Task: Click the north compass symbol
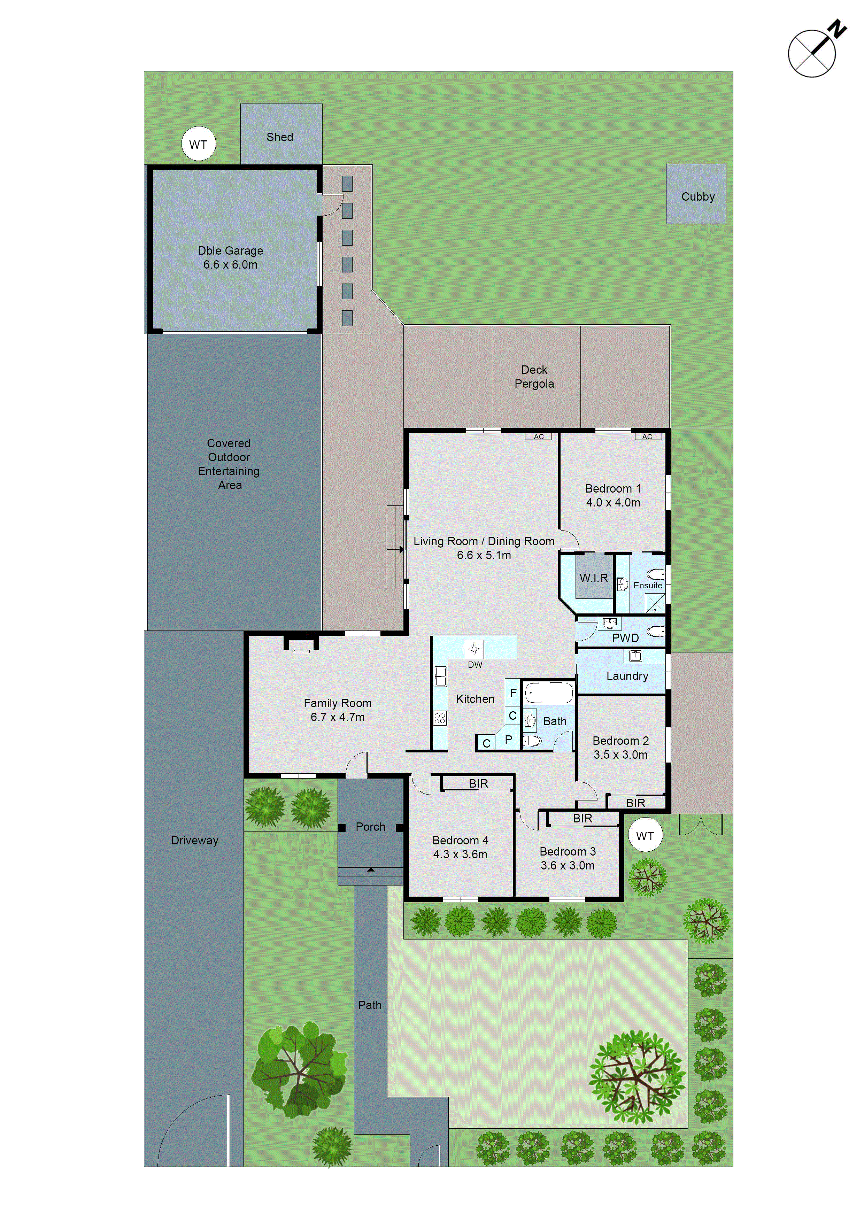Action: point(813,53)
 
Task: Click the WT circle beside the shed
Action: point(199,144)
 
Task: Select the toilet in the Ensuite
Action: point(657,574)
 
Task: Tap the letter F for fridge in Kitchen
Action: point(513,693)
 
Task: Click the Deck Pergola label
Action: point(534,377)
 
